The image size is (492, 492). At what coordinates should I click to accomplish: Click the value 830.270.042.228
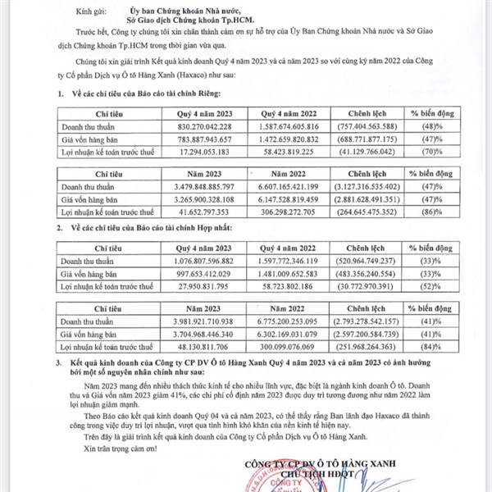pos(198,127)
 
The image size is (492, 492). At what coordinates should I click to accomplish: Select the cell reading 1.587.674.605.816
pos(284,127)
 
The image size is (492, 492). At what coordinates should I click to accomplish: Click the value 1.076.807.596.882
pos(198,259)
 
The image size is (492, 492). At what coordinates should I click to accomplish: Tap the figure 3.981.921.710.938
pos(198,321)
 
